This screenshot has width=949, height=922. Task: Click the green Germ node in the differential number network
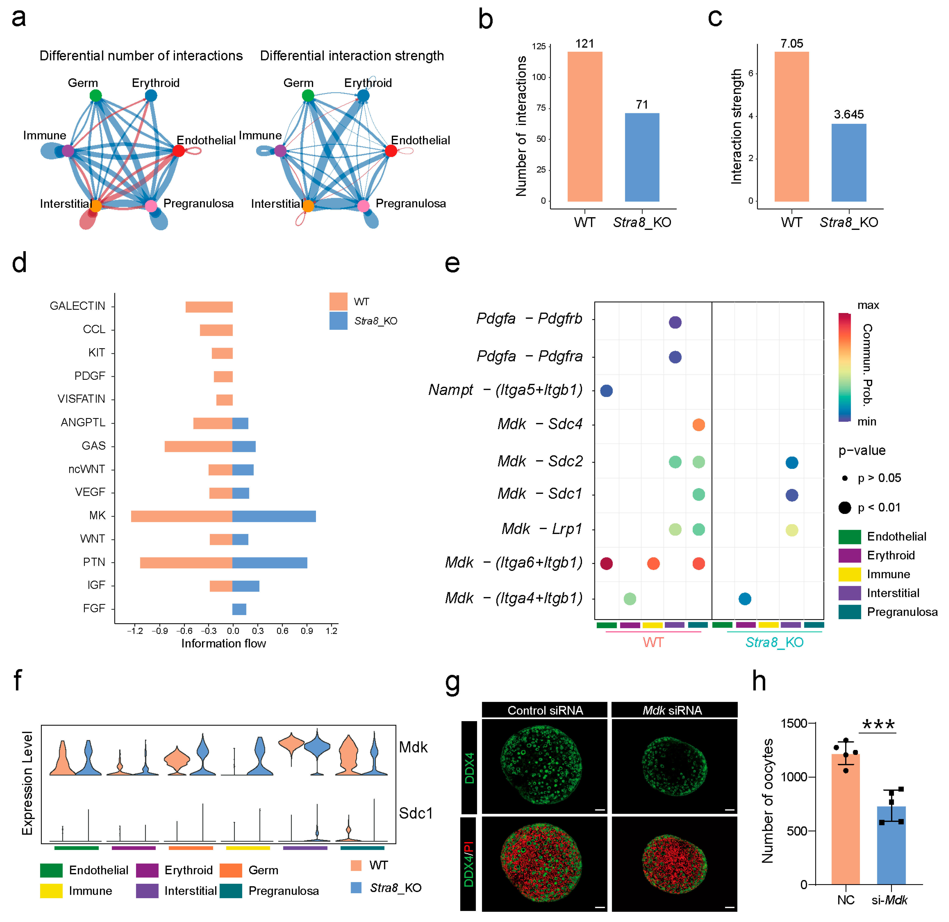click(x=96, y=95)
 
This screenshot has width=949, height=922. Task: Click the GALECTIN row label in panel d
click(x=77, y=306)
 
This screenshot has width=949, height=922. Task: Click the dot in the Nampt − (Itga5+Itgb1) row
click(x=606, y=391)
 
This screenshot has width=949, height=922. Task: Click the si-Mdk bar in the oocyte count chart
click(x=891, y=846)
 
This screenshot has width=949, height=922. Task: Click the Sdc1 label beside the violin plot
click(x=415, y=813)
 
